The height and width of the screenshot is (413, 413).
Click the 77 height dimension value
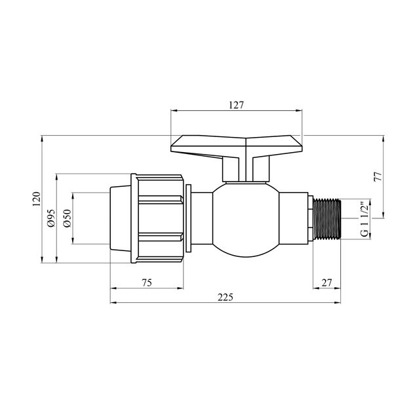pyautogui.click(x=378, y=177)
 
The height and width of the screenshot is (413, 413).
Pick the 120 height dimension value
pyautogui.click(x=36, y=199)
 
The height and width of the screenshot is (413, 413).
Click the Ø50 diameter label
pyautogui.click(x=66, y=218)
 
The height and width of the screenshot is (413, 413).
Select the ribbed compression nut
pyautogui.click(x=159, y=218)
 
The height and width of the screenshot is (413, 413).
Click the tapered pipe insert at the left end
pyautogui.click(x=121, y=218)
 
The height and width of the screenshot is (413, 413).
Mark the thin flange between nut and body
pyautogui.click(x=189, y=218)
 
